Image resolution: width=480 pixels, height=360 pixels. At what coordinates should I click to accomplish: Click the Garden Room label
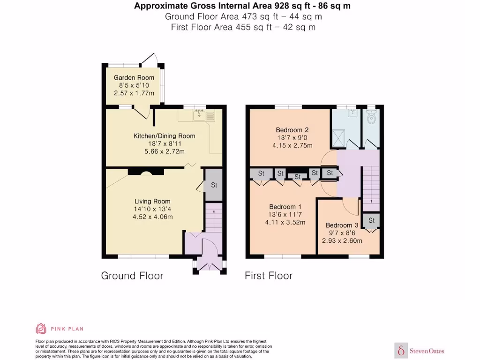pyautogui.click(x=130, y=78)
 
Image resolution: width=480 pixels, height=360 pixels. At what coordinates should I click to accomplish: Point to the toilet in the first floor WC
pyautogui.click(x=372, y=117)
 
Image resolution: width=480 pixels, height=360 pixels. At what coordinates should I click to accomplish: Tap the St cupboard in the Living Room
pyautogui.click(x=213, y=185)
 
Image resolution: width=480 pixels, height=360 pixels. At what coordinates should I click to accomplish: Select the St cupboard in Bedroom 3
pyautogui.click(x=371, y=220)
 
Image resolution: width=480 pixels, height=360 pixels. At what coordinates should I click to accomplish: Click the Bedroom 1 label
pyautogui.click(x=285, y=207)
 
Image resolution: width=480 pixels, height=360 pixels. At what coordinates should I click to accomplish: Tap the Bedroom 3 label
pyautogui.click(x=342, y=225)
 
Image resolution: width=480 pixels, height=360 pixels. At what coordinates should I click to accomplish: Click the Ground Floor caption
pyautogui.click(x=132, y=276)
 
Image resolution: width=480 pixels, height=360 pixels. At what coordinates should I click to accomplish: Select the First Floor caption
pyautogui.click(x=268, y=276)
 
